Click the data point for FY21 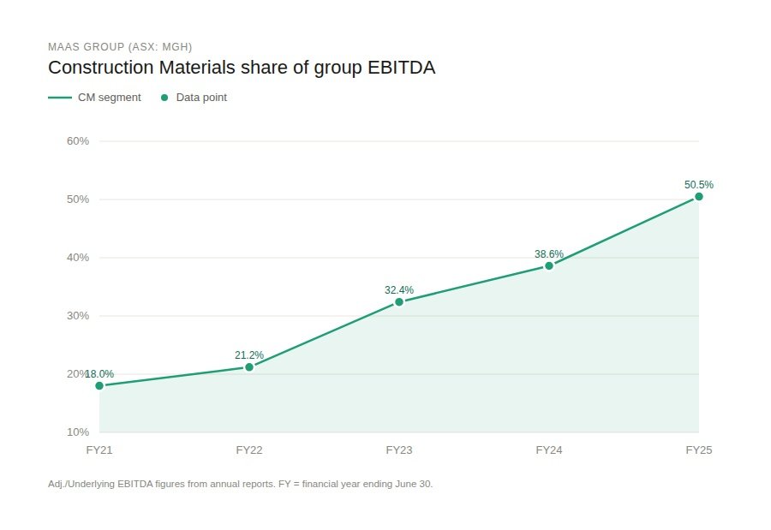[99, 385]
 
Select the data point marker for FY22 [249, 367]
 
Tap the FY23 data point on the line [399, 302]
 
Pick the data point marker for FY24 [549, 265]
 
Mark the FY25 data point [699, 197]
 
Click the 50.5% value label [699, 184]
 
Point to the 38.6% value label [549, 253]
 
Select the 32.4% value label [399, 290]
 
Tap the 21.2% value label [249, 354]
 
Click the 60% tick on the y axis [78, 141]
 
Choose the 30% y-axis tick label [78, 316]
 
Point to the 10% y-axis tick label [78, 432]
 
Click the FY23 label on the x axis [399, 450]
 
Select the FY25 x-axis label [699, 450]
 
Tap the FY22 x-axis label [249, 450]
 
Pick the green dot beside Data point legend [164, 98]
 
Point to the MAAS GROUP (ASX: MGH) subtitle [120, 46]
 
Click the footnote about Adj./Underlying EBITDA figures [241, 484]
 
